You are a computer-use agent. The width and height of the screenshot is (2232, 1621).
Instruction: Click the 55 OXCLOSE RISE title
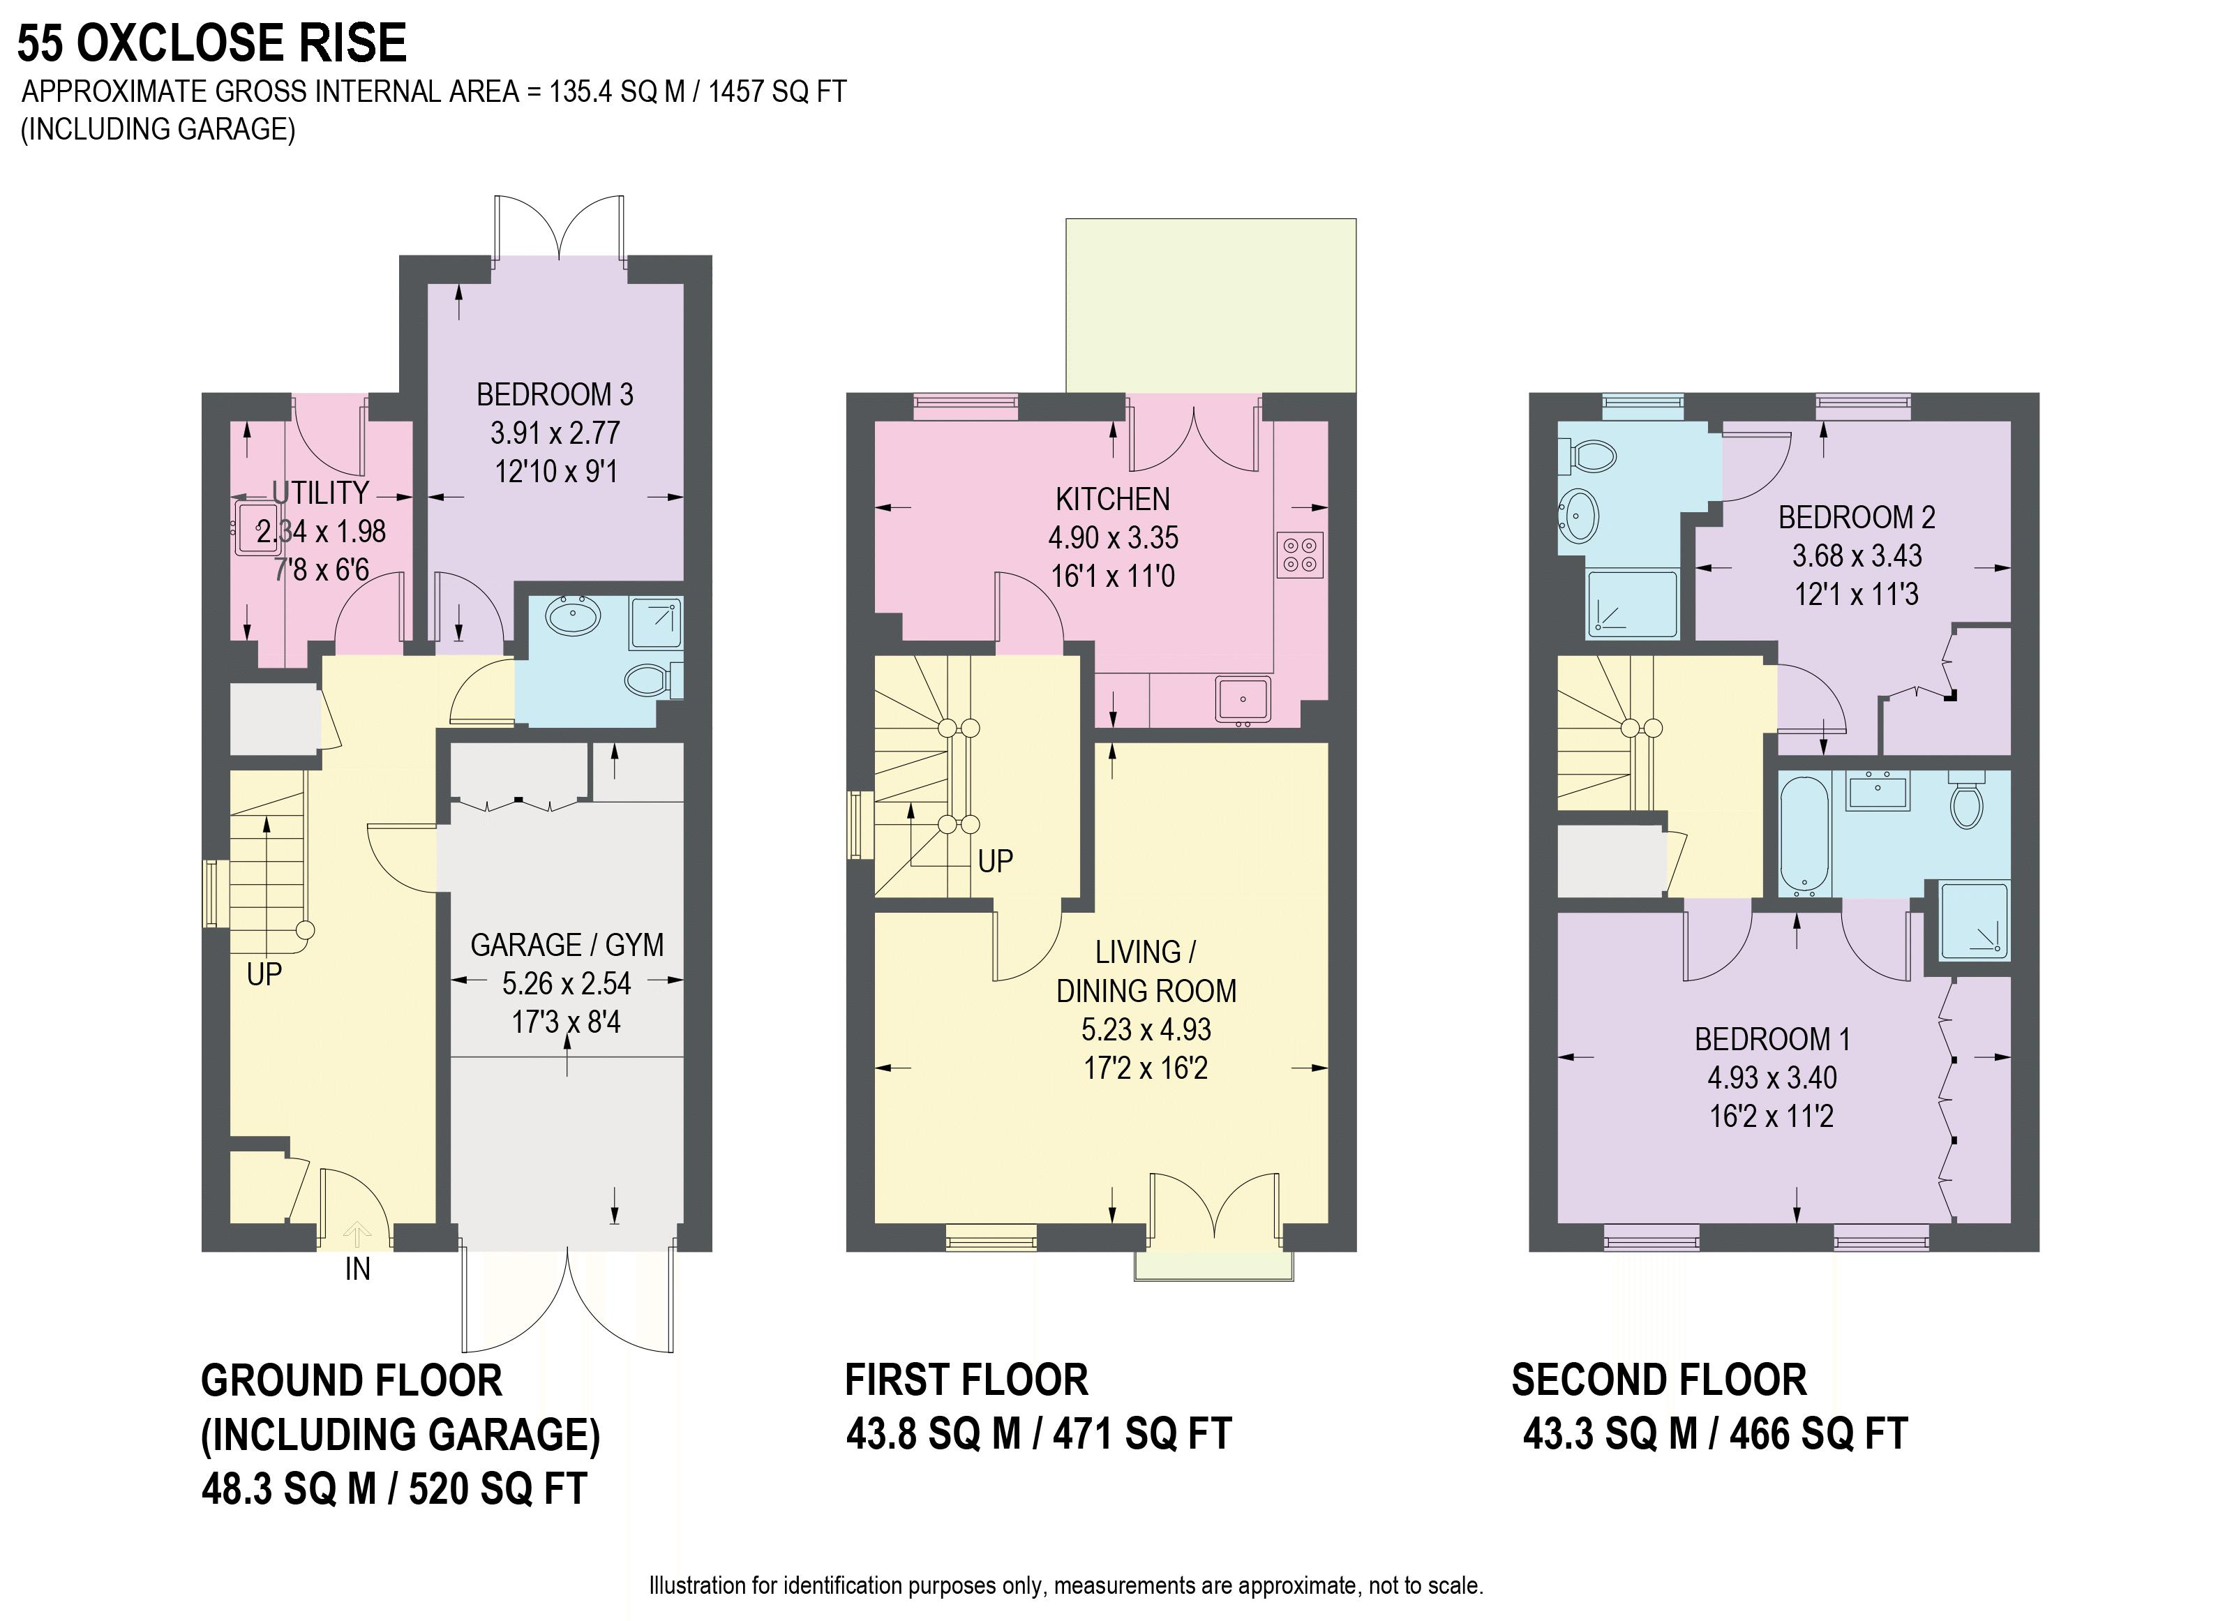[211, 43]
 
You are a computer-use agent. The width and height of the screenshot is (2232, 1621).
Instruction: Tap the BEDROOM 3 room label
[555, 395]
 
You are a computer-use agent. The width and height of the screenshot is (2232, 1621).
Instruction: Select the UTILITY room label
[321, 492]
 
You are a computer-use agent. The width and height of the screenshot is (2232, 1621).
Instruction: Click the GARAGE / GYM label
[567, 945]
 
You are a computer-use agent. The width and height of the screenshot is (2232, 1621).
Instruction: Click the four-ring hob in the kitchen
[1300, 554]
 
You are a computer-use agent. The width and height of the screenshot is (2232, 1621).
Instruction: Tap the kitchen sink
[1243, 701]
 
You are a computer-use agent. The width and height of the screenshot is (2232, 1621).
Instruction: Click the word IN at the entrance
[357, 1269]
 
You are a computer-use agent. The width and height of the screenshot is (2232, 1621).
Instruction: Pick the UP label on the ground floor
[264, 974]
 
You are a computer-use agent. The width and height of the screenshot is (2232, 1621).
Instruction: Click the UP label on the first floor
[995, 861]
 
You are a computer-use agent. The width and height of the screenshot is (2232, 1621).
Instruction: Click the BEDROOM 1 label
[1772, 1039]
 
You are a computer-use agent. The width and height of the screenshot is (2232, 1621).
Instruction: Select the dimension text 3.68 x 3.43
[1857, 556]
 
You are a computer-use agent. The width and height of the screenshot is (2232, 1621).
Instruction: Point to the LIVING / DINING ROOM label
[1146, 971]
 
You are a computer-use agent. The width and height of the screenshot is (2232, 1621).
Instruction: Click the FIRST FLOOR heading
[966, 1380]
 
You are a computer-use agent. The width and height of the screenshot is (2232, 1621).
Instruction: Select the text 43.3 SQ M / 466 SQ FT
[1715, 1434]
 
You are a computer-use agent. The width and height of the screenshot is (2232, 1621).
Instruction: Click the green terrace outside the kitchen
[1211, 305]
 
